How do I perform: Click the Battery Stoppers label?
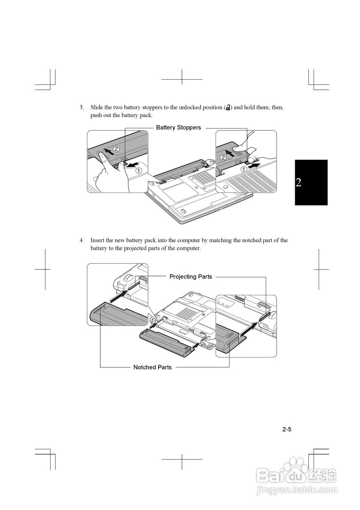[x=178, y=127]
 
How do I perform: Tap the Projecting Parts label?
[x=191, y=277]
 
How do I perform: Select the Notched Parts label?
[x=153, y=367]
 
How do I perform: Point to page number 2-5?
[x=287, y=430]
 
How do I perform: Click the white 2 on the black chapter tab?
[x=298, y=182]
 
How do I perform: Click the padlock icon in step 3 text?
[x=228, y=108]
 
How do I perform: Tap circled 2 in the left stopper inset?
[x=116, y=149]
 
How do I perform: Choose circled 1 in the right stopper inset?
[x=243, y=169]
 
